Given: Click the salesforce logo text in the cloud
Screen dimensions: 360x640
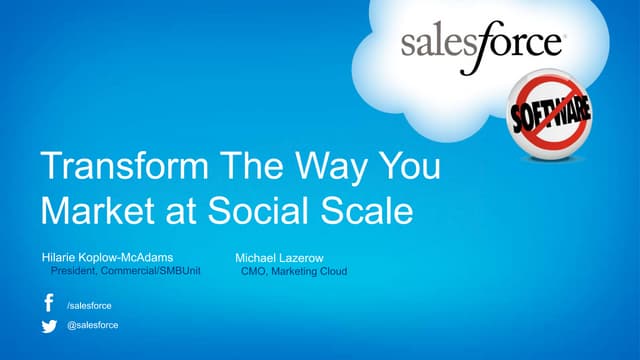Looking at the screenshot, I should tap(482, 44).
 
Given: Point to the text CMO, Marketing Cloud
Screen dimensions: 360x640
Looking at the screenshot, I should tap(294, 270).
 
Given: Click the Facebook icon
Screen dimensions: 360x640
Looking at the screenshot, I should tap(48, 303).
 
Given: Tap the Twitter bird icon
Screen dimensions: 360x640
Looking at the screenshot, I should tap(48, 325).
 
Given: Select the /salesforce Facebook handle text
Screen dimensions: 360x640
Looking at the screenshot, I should tap(88, 304).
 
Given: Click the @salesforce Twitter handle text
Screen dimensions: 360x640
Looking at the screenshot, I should tap(91, 326).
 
